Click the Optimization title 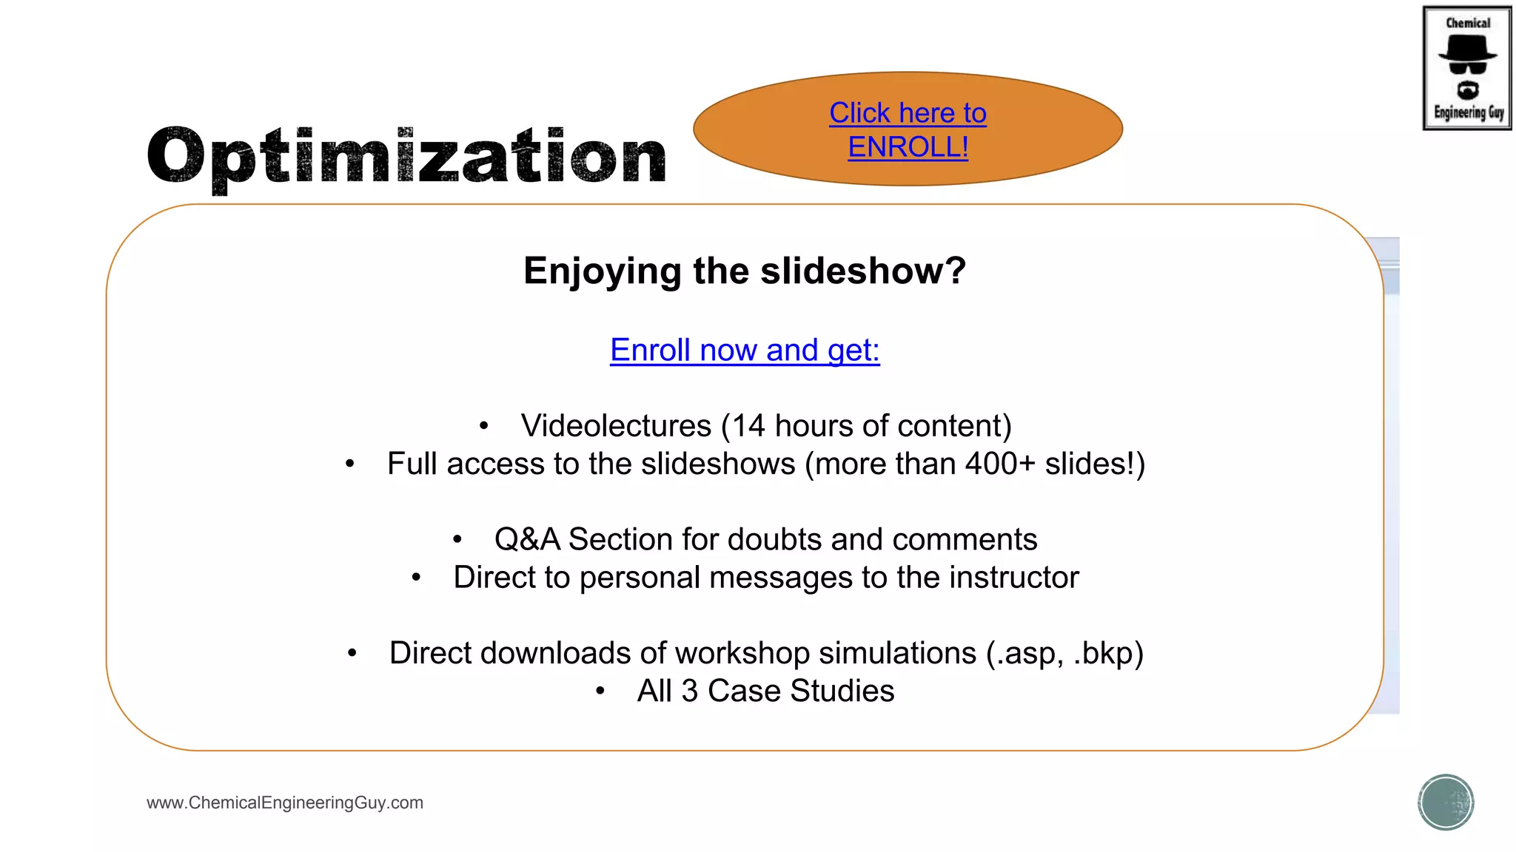pos(406,156)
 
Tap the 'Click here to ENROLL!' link pos(908,130)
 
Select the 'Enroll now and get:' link pos(745,350)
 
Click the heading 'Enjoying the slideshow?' pos(745,271)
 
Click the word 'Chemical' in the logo pos(1468,23)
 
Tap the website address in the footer pos(285,802)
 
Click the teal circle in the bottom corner pos(1446,802)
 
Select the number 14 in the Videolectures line pos(748,426)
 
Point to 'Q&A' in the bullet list pos(527,539)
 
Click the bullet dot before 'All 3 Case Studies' pos(600,692)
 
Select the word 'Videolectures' pos(616,426)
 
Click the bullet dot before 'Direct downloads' pos(352,653)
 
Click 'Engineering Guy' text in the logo pos(1469,112)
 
